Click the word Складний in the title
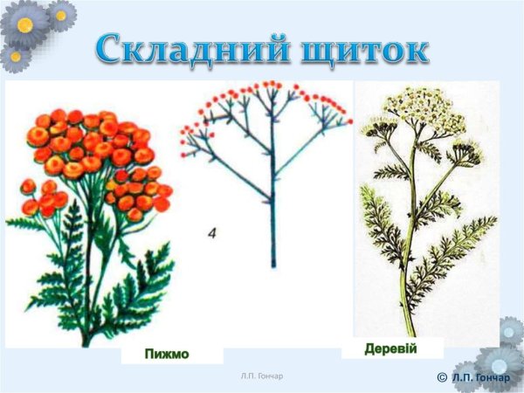click(180, 49)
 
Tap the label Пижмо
click(167, 354)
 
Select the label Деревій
click(391, 349)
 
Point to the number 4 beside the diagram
click(213, 233)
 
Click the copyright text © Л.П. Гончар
click(476, 375)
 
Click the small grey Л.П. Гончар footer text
click(262, 376)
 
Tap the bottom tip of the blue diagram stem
click(272, 265)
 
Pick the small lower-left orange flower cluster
click(42, 199)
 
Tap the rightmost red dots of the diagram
click(347, 117)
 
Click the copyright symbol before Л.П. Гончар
click(441, 376)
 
